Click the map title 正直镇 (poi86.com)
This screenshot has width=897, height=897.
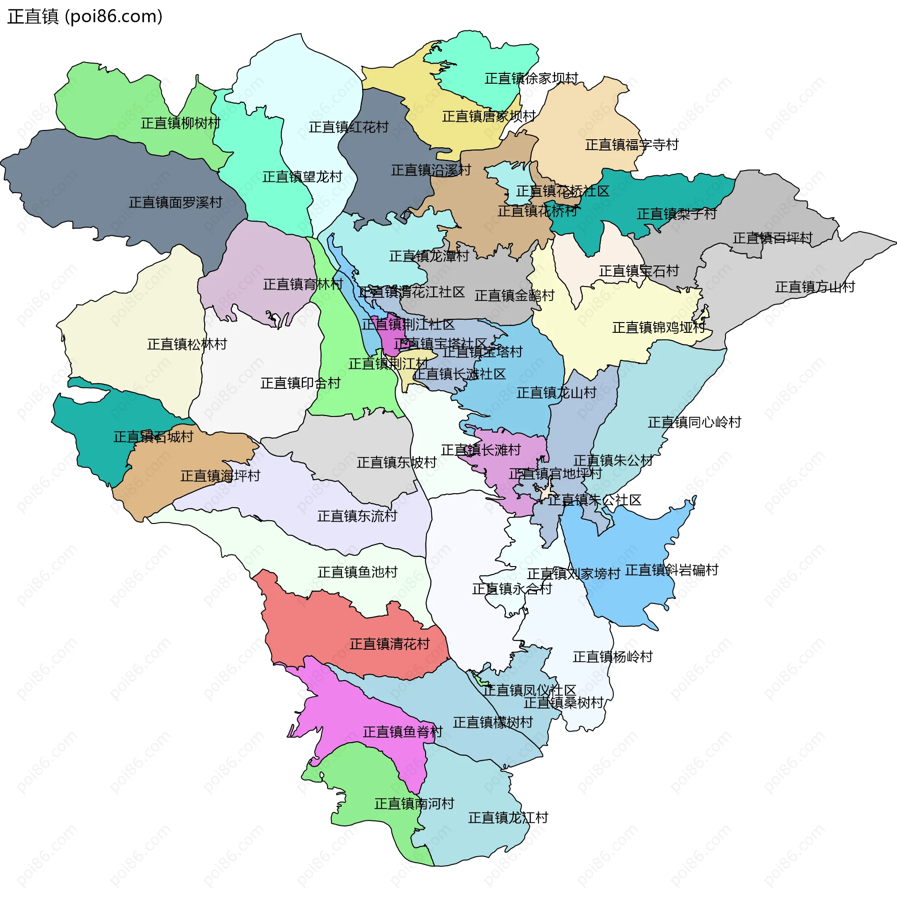tap(85, 16)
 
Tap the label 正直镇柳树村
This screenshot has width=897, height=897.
tap(180, 123)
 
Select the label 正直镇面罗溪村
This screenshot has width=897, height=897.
tap(175, 203)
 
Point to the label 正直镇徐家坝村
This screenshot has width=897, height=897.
tap(531, 79)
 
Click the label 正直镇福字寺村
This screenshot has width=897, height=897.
tap(632, 145)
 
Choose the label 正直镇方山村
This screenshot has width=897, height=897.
tap(815, 287)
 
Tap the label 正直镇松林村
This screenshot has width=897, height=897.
tap(187, 344)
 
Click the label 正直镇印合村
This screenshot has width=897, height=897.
tap(300, 383)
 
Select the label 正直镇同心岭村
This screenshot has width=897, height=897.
tap(694, 423)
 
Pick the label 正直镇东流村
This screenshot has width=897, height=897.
tap(357, 516)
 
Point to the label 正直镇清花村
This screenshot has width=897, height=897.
tap(389, 644)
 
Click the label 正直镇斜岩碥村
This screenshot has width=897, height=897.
tap(671, 570)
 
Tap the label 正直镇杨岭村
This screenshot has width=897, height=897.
tap(612, 657)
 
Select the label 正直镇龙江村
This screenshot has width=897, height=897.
tap(508, 818)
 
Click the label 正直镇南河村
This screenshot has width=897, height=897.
tap(414, 804)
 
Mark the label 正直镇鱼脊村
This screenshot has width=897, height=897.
tap(402, 732)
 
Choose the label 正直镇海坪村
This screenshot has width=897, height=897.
tap(220, 476)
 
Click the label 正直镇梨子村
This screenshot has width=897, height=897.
tap(676, 214)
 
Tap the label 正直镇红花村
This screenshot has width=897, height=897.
tap(349, 127)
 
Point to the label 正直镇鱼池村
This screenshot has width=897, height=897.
tap(357, 572)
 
